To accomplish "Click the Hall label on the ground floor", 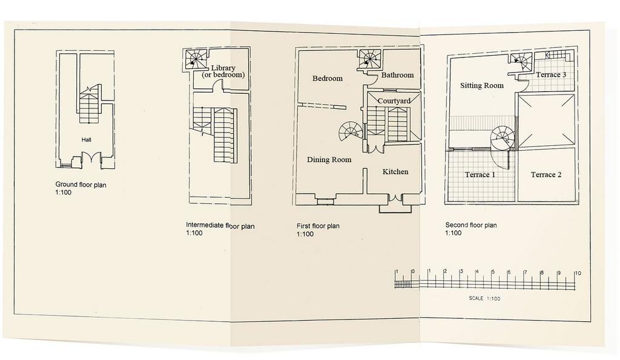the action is tap(86, 140).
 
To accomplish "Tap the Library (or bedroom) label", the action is tap(223, 71).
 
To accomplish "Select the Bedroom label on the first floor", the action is tap(328, 78).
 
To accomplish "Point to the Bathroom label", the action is tap(397, 74).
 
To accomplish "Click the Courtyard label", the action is tap(394, 101).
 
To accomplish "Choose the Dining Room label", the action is tap(329, 160).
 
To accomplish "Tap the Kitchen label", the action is tap(395, 171).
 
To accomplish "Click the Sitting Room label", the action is tap(482, 85).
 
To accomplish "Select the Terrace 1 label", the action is tap(480, 175).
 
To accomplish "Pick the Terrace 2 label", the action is tap(546, 175).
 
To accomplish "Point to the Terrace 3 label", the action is tap(551, 74).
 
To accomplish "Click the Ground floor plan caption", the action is tap(81, 185).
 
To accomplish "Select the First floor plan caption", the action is tap(318, 226).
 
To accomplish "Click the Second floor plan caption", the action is tap(471, 225).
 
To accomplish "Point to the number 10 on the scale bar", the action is tap(578, 273).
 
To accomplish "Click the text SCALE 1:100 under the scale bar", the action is tap(484, 298).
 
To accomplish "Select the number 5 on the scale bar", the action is tap(493, 272).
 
